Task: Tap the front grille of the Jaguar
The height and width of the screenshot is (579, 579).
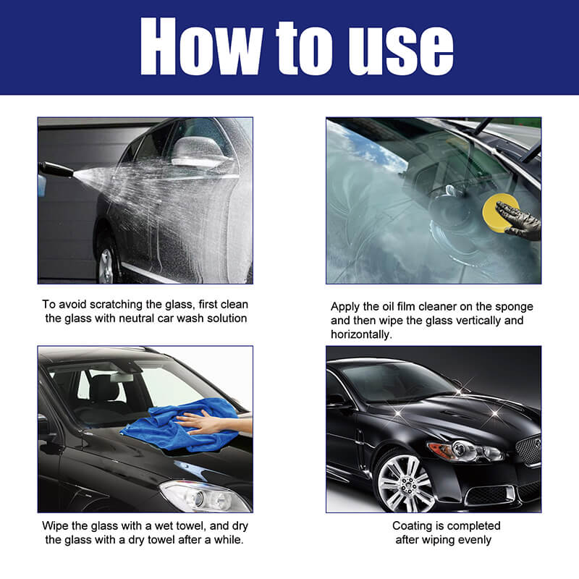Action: coord(528,449)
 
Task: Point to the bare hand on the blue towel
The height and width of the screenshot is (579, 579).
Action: coord(204,423)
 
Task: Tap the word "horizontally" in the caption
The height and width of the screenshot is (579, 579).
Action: coord(361,333)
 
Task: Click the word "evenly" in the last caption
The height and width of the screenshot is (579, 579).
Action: coord(473,539)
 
